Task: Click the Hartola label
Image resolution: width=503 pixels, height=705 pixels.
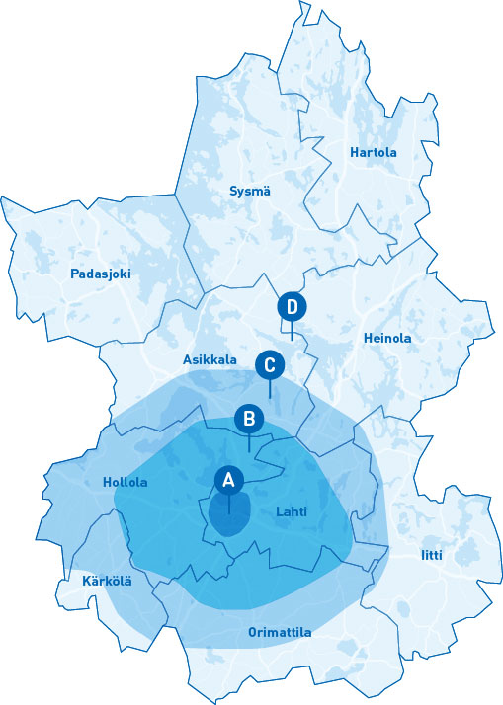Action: pyautogui.click(x=373, y=153)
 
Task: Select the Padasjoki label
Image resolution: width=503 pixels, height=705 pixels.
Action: pyautogui.click(x=100, y=274)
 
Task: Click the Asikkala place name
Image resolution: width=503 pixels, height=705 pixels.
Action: pyautogui.click(x=210, y=360)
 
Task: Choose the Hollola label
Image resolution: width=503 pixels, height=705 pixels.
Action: pyautogui.click(x=125, y=483)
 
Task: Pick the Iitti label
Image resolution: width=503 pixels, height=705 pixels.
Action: pyautogui.click(x=432, y=555)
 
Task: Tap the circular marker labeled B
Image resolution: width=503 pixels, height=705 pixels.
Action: pyautogui.click(x=249, y=419)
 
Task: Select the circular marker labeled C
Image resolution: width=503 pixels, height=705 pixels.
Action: pyautogui.click(x=269, y=364)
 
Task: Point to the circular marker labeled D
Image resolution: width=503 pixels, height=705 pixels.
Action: pyautogui.click(x=292, y=306)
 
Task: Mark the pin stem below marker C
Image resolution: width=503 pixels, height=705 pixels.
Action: pyautogui.click(x=269, y=388)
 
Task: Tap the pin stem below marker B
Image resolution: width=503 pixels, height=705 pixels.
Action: pyautogui.click(x=249, y=442)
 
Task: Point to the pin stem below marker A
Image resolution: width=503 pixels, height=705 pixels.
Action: pyautogui.click(x=229, y=504)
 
